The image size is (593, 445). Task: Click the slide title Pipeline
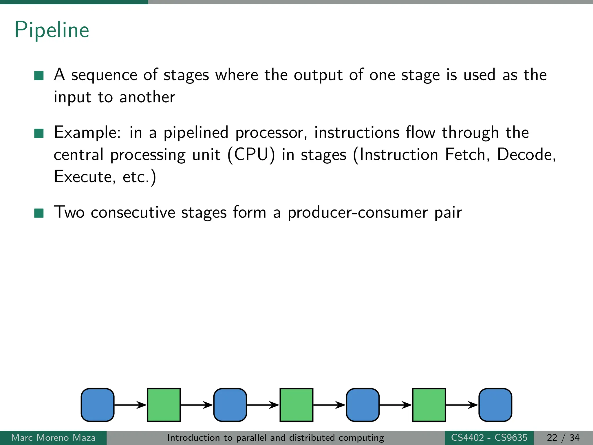click(x=52, y=30)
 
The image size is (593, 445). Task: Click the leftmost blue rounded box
click(x=98, y=405)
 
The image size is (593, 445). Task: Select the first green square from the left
click(x=164, y=405)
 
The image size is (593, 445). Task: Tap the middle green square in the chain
click(x=296, y=405)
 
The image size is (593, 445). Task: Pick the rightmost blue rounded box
click(x=495, y=405)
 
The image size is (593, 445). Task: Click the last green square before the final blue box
click(x=429, y=405)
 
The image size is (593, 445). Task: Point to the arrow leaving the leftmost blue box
click(x=130, y=405)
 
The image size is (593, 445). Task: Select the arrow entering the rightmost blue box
click(x=462, y=405)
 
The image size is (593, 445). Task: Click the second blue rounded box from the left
click(x=230, y=405)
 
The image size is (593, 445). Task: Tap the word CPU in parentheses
click(x=251, y=154)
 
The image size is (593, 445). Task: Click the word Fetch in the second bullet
click(x=465, y=154)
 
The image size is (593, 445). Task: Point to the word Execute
click(x=83, y=176)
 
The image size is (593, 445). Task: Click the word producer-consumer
click(x=357, y=212)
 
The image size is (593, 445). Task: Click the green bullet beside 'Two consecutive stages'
click(x=39, y=213)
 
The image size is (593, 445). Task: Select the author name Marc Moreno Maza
click(x=53, y=437)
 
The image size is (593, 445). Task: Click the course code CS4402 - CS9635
click(x=489, y=437)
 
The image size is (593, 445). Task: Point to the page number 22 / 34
click(x=563, y=437)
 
